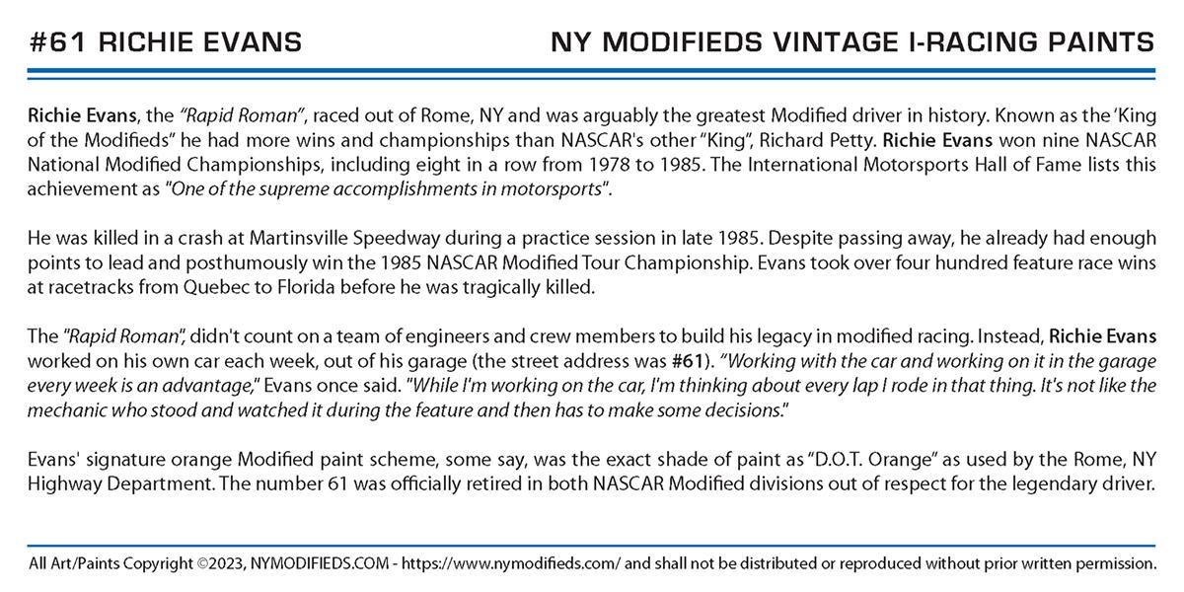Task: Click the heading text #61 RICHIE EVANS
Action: pyautogui.click(x=166, y=42)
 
